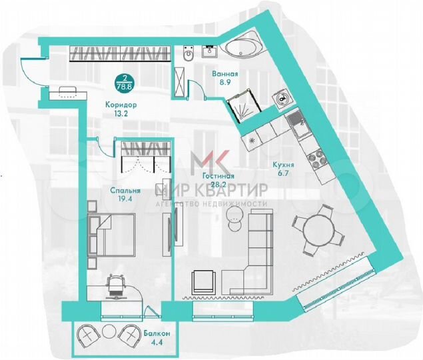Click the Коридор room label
121,105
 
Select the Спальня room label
125,189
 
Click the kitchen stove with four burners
314,159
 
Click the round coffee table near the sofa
234,214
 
